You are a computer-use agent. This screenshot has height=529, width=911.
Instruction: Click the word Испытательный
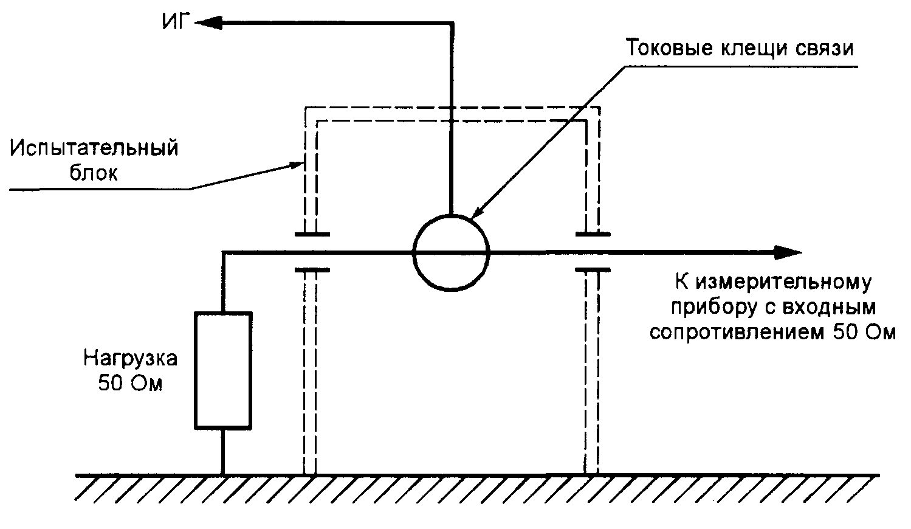click(94, 148)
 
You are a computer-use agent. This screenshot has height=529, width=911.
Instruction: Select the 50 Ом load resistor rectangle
click(222, 370)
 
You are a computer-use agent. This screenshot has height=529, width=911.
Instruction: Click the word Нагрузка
click(130, 358)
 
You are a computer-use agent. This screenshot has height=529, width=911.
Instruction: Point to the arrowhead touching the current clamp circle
click(478, 212)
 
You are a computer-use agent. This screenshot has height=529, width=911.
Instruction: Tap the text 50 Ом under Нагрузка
click(130, 384)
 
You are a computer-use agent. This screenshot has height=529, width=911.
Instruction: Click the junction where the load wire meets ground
click(222, 474)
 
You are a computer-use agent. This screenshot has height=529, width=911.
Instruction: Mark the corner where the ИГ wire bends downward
click(451, 23)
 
